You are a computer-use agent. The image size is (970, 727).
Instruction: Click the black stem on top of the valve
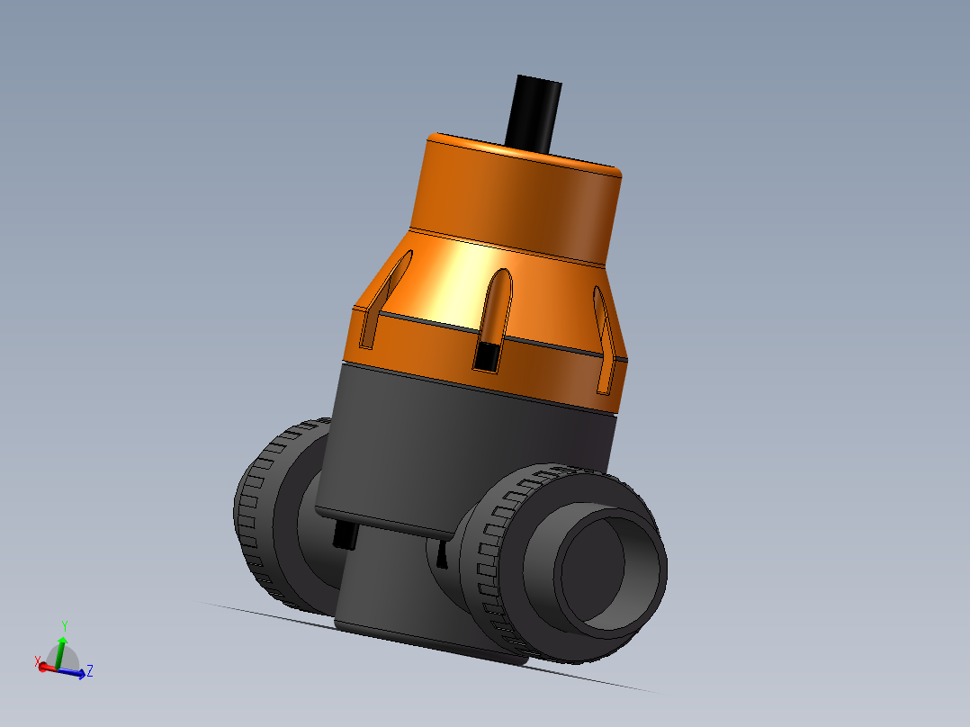click(x=534, y=112)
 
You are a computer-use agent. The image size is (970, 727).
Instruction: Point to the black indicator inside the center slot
click(x=487, y=356)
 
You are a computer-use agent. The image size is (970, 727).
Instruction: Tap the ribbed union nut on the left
click(x=261, y=513)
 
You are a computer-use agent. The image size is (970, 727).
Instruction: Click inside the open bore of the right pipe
click(x=612, y=565)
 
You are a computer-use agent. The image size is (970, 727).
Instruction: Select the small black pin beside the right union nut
click(x=442, y=557)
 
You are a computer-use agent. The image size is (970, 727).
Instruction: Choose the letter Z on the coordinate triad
click(x=90, y=670)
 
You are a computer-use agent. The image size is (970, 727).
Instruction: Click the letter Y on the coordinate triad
click(x=65, y=624)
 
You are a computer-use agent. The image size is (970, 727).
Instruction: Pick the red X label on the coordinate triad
click(x=38, y=662)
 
